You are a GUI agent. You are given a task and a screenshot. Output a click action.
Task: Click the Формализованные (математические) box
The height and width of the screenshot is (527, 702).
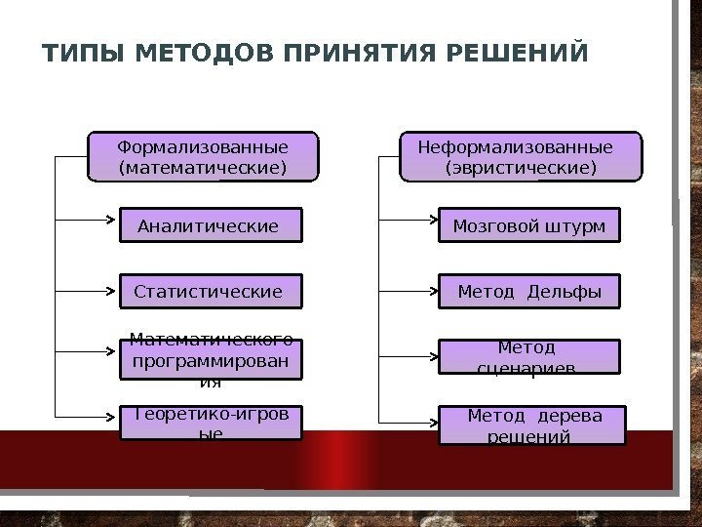pos(203,157)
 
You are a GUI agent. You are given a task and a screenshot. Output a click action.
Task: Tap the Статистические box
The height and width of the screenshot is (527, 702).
pos(211,291)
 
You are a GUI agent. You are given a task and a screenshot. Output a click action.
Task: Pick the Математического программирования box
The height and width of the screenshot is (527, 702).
pos(211,358)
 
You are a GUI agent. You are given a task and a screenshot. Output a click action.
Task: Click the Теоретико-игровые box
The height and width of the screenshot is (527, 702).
pos(211,424)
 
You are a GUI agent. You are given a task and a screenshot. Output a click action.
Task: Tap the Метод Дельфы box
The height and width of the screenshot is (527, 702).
pos(528,291)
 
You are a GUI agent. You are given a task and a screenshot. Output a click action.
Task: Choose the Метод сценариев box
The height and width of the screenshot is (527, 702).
pos(528,357)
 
